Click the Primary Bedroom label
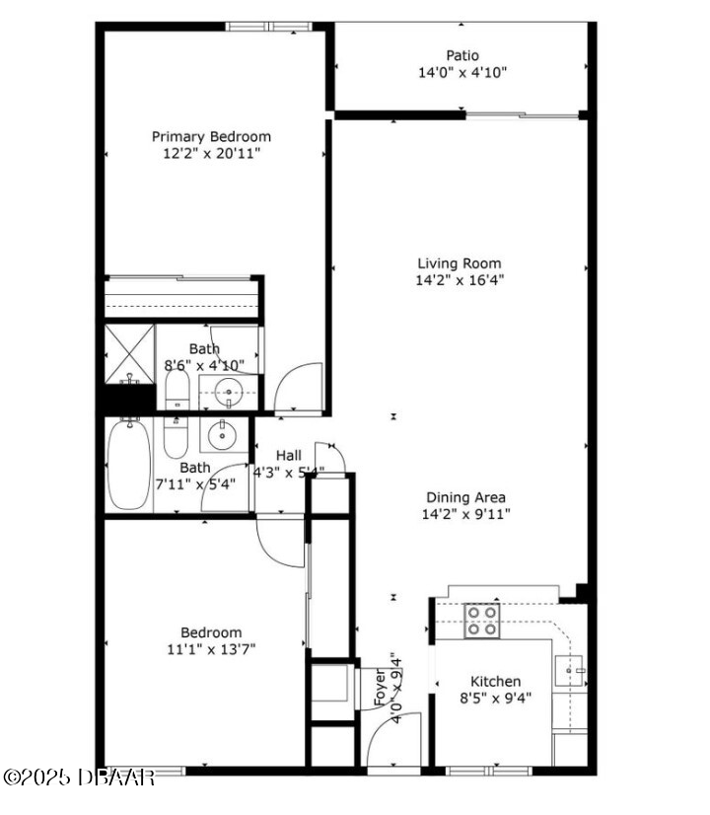point(211,137)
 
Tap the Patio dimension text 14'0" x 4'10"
point(462,72)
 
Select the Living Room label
point(460,263)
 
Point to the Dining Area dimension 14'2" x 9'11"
point(465,514)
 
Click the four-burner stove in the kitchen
point(482,621)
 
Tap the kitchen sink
point(569,671)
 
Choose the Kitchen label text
point(495,682)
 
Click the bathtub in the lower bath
point(129,465)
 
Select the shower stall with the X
point(130,354)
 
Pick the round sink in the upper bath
point(228,392)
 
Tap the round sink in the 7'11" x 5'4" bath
point(222,435)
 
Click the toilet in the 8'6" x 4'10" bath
point(177,390)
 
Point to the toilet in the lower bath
point(176,439)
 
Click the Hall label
point(289,455)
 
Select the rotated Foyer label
point(381,687)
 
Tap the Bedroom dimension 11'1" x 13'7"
point(211,649)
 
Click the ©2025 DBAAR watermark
point(79,778)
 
